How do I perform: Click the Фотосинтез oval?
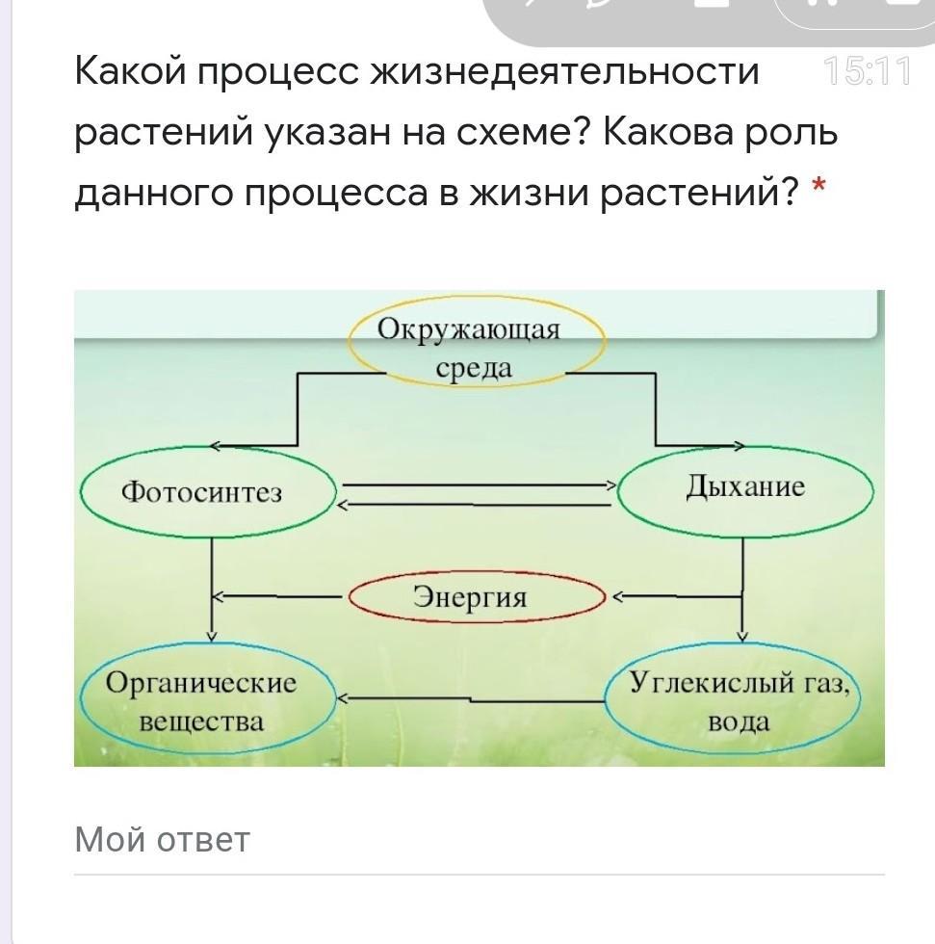(x=207, y=493)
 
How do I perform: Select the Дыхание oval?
(x=744, y=489)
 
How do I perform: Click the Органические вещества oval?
(x=207, y=701)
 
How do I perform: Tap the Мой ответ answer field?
(x=479, y=841)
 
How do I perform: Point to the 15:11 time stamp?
(x=867, y=71)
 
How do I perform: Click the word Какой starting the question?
(x=131, y=71)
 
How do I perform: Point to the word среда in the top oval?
(x=474, y=368)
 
